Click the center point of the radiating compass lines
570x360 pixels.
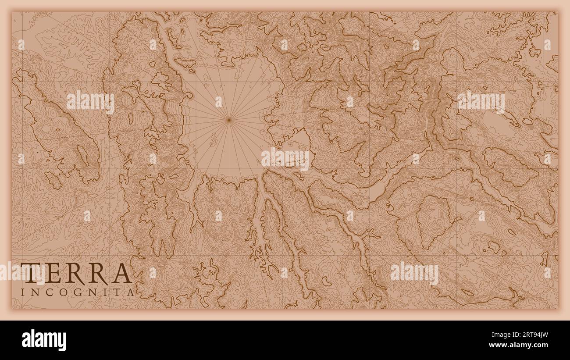[x=228, y=119]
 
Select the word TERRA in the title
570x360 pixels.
[x=75, y=274]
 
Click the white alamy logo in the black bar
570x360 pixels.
[x=44, y=340]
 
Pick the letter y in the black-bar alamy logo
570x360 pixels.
[x=62, y=342]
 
